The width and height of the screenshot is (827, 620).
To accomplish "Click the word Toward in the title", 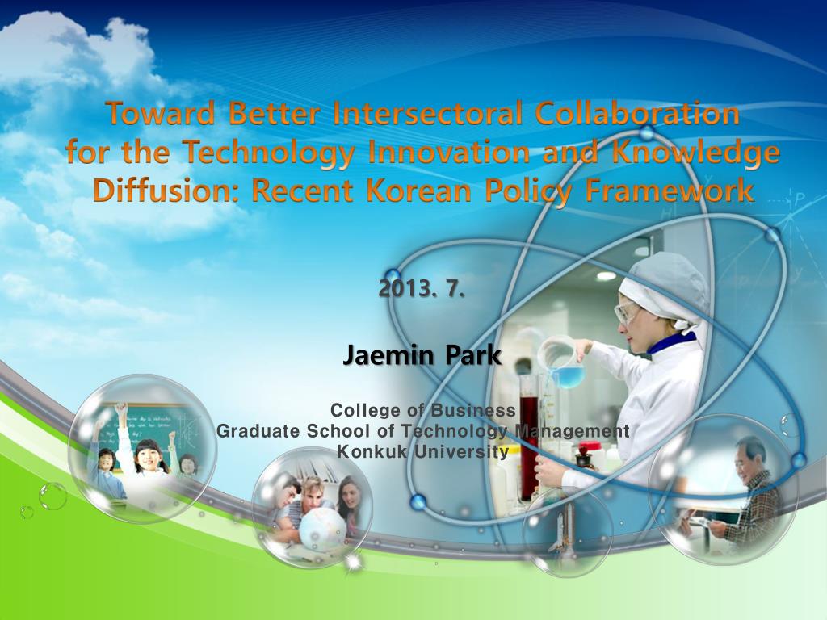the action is click(161, 113).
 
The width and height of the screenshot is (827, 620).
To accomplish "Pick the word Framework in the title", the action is click(669, 191).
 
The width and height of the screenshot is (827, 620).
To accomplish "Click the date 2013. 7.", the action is click(422, 288).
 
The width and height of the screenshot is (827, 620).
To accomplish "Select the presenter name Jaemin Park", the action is click(422, 355).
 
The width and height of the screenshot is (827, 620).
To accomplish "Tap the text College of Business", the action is click(423, 410).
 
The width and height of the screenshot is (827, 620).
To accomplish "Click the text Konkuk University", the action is click(423, 451).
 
